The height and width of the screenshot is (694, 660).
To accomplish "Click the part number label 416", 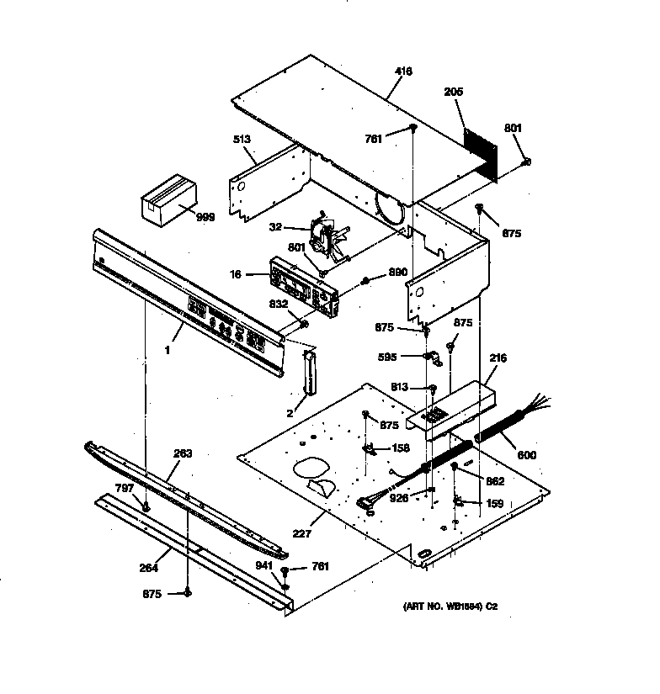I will coord(403,72).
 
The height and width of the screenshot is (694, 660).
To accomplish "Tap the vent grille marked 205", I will coord(482,151).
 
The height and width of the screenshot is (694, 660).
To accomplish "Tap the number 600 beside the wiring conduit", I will coord(526,455).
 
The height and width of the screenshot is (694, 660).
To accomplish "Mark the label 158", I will coord(401,448).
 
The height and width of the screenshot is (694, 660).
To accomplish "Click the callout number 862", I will coord(495,481).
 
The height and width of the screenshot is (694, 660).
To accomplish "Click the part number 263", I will coord(183,453).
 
